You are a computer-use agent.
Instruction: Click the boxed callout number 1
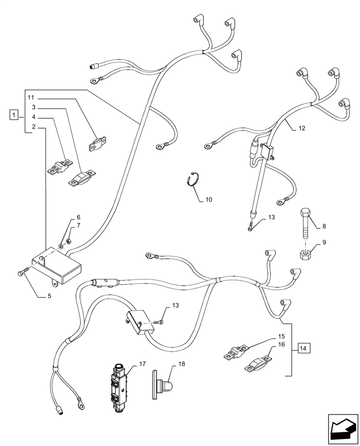click(x=15, y=116)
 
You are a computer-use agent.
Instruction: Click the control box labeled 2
click(x=57, y=267)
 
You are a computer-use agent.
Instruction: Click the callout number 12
click(x=302, y=128)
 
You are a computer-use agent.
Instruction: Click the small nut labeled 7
click(x=69, y=241)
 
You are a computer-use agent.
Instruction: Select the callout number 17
click(x=142, y=364)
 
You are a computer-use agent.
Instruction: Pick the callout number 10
click(x=208, y=199)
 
